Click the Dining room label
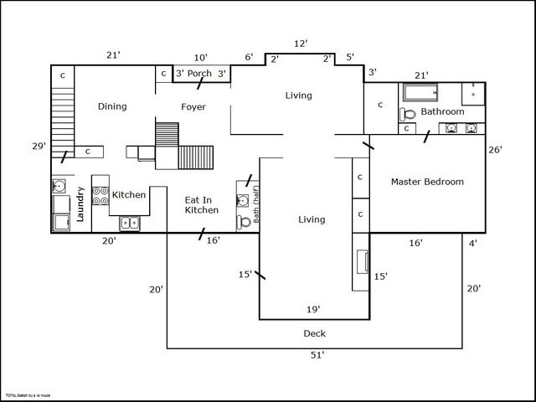pyautogui.click(x=112, y=106)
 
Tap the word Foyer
pyautogui.click(x=193, y=107)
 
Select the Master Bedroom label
pyautogui.click(x=427, y=182)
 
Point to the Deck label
pyautogui.click(x=314, y=334)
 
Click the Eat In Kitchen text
pyautogui.click(x=202, y=205)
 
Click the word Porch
pyautogui.click(x=199, y=74)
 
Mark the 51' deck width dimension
pyautogui.click(x=317, y=355)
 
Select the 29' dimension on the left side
pyautogui.click(x=39, y=147)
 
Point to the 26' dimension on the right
pyautogui.click(x=495, y=150)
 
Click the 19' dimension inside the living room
pyautogui.click(x=313, y=309)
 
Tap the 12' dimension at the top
pyautogui.click(x=301, y=43)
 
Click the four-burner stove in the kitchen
pyautogui.click(x=100, y=196)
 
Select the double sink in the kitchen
pyautogui.click(x=129, y=223)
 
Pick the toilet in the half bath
pyautogui.click(x=244, y=222)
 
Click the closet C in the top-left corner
pyautogui.click(x=62, y=75)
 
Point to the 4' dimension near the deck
pyautogui.click(x=473, y=244)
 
